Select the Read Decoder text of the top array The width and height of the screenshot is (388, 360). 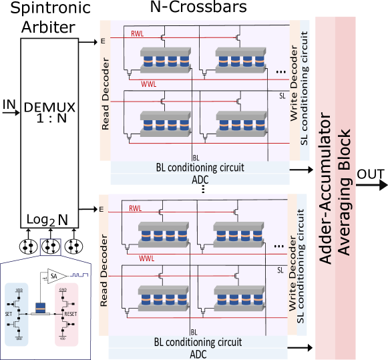coord(105,94)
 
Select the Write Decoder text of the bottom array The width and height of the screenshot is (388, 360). coord(293,267)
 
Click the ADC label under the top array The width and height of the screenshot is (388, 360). coord(199,179)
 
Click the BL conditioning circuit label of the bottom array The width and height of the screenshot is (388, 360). coord(199,343)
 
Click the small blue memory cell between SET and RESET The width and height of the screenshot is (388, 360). coord(41,308)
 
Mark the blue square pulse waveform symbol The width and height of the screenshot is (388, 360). coord(81,275)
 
